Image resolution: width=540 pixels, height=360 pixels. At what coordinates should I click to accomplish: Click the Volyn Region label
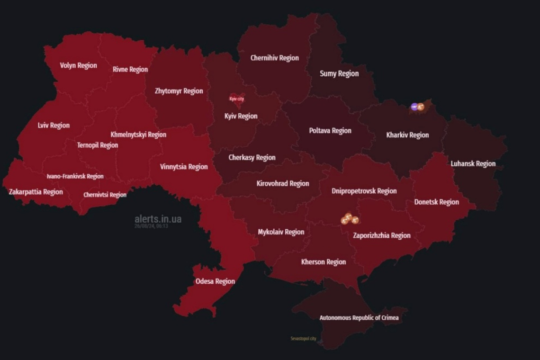(x=78, y=65)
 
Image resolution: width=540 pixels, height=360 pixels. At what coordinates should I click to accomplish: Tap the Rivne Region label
(x=130, y=69)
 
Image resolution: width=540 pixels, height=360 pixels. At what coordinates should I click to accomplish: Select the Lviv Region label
(x=54, y=126)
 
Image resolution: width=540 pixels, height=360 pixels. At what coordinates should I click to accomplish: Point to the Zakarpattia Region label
(x=36, y=192)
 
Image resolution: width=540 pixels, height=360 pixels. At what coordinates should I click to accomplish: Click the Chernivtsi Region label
(x=105, y=195)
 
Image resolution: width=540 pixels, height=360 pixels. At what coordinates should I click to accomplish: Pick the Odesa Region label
(x=215, y=281)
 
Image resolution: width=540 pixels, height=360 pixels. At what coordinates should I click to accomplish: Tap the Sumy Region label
(x=339, y=73)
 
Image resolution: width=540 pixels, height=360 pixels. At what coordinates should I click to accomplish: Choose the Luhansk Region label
(x=473, y=164)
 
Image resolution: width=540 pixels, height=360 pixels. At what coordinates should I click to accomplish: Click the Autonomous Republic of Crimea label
(x=359, y=318)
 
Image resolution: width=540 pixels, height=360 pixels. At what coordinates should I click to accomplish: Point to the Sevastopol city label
(x=303, y=339)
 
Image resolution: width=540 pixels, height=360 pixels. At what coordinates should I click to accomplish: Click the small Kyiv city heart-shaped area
(x=237, y=99)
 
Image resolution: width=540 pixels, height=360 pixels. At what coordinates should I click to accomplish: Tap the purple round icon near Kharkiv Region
(x=414, y=107)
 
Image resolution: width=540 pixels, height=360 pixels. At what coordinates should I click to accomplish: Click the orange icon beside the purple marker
(x=421, y=107)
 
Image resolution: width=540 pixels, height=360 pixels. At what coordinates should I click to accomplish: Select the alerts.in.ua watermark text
(x=158, y=219)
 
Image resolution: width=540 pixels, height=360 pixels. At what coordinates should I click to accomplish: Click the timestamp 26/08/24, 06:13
(x=151, y=226)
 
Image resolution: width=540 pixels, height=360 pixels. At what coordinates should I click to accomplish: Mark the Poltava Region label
(x=330, y=131)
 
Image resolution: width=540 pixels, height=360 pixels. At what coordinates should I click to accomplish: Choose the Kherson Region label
(x=324, y=262)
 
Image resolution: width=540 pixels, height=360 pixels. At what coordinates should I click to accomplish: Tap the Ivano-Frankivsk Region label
(x=75, y=176)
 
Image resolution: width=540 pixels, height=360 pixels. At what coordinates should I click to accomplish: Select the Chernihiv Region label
(x=275, y=58)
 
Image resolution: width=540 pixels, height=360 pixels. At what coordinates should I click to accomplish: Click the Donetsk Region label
(x=436, y=202)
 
